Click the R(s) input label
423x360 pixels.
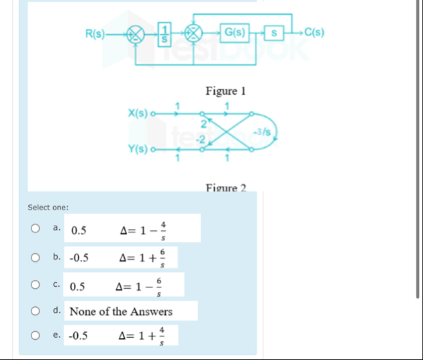click(x=95, y=32)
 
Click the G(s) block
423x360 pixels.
click(x=235, y=32)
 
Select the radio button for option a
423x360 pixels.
click(x=34, y=229)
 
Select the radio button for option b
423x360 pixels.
click(x=34, y=257)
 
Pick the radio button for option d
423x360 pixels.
click(x=34, y=311)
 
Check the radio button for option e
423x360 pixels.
click(x=34, y=334)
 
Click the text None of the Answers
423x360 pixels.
click(x=121, y=312)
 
